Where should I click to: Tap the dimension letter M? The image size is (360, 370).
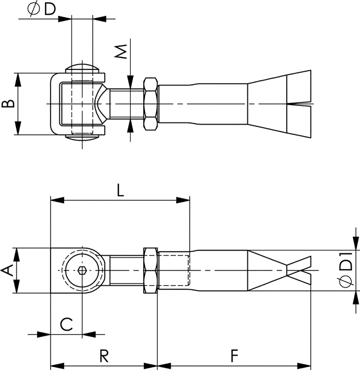pyautogui.click(x=120, y=53)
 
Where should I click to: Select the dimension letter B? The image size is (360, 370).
pyautogui.click(x=7, y=104)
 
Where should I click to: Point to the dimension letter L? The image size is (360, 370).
pyautogui.click(x=120, y=191)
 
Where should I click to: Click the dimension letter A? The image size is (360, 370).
pyautogui.click(x=7, y=271)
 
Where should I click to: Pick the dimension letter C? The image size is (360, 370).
pyautogui.click(x=67, y=324)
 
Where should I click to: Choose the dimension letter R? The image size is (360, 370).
pyautogui.click(x=104, y=356)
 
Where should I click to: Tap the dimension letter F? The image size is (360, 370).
pyautogui.click(x=234, y=356)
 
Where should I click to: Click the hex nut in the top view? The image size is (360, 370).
pyautogui.click(x=150, y=104)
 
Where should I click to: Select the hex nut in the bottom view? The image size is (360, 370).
pyautogui.click(x=150, y=270)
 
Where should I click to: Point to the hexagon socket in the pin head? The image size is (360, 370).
pyautogui.click(x=83, y=270)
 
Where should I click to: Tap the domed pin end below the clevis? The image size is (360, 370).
pyautogui.click(x=83, y=136)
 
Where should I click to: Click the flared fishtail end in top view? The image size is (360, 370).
pyautogui.click(x=282, y=104)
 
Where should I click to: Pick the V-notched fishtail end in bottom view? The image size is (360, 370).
pyautogui.click(x=282, y=270)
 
